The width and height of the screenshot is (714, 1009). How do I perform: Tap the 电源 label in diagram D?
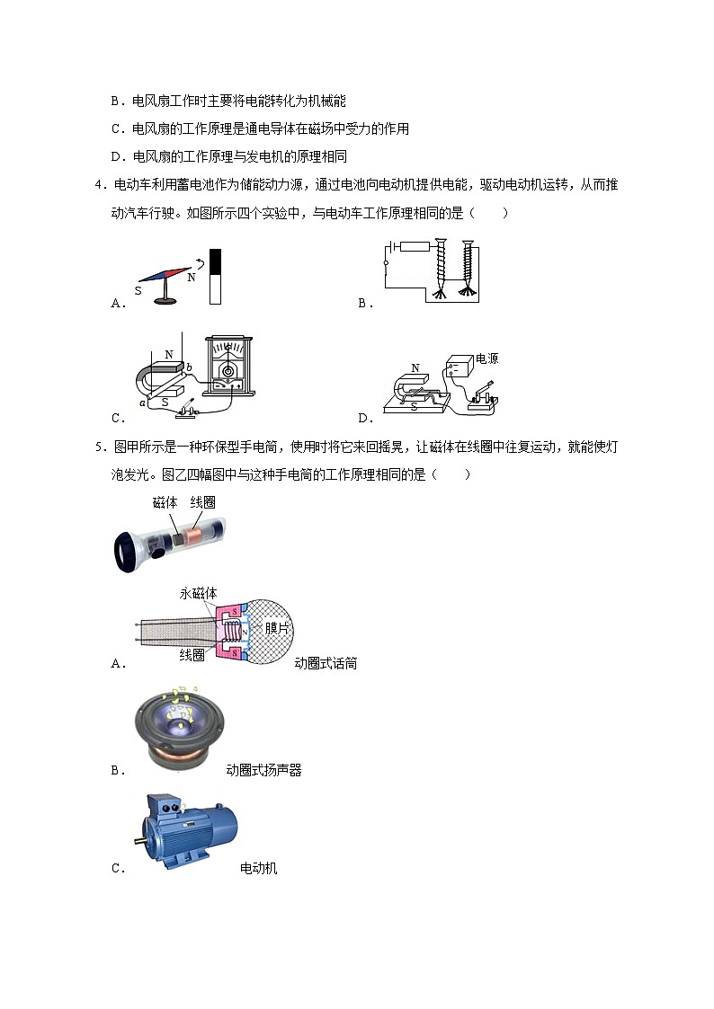pos(486,358)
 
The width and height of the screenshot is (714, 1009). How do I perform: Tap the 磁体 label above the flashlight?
pos(165,503)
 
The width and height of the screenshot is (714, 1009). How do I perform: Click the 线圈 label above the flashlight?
pos(203,503)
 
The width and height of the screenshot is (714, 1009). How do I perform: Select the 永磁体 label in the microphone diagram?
pos(198,594)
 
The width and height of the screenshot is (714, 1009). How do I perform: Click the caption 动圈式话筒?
pos(326,664)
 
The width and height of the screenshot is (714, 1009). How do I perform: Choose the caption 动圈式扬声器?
pos(263,770)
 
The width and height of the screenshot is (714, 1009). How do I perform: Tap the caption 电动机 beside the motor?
pos(258,868)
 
